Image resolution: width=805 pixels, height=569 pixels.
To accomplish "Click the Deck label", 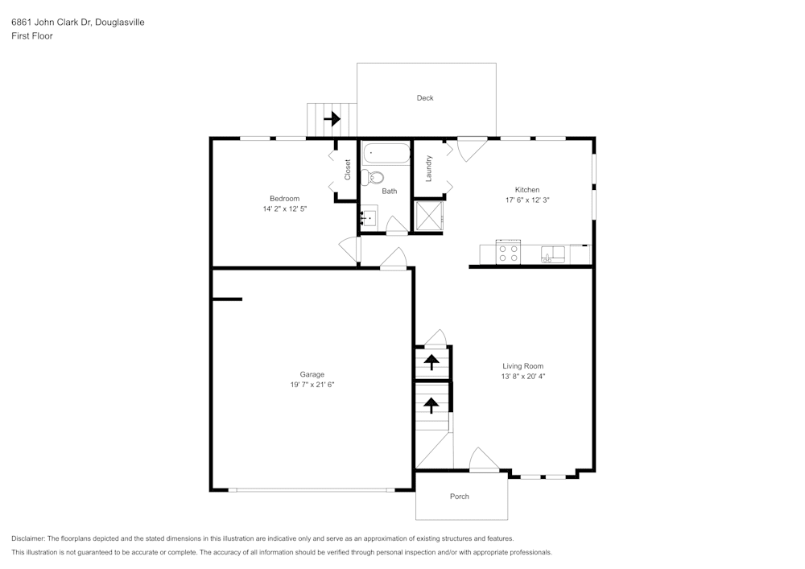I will (425, 98).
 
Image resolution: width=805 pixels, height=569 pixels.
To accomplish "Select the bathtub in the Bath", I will (386, 153).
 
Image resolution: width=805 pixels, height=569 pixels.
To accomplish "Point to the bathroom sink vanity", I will (369, 216).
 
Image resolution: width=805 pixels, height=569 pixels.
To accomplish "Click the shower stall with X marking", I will (427, 216).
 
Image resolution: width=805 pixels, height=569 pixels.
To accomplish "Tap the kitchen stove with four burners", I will (508, 254).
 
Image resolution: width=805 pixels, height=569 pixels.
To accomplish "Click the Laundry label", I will (429, 168).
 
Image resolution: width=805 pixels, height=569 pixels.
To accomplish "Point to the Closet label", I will (348, 169).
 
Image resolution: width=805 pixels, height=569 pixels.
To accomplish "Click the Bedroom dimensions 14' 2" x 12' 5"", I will (284, 208).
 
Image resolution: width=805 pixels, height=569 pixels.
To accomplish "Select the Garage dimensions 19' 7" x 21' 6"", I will (312, 385).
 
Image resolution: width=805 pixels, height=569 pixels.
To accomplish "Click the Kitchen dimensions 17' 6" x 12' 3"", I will (527, 200).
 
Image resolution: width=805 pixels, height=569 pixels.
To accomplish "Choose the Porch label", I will (459, 497).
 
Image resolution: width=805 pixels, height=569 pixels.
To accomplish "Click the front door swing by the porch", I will (483, 461).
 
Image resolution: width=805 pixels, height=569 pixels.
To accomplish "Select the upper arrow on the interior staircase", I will (432, 361).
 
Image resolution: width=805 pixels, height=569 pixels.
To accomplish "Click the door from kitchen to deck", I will (472, 147).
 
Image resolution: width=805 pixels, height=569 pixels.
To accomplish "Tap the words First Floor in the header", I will (32, 36).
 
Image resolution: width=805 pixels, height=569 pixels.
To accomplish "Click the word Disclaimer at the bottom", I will (28, 538).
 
